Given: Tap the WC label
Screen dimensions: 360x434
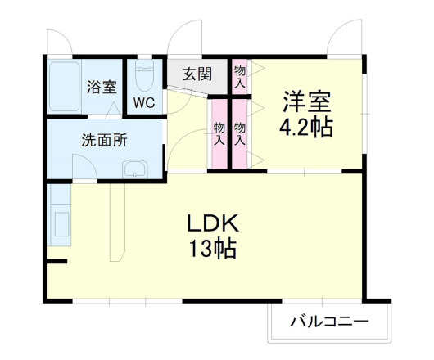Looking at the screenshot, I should point(144,103).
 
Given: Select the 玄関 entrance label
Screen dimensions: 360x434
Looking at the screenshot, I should point(197,74).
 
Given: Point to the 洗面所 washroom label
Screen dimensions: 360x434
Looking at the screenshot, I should point(104,139).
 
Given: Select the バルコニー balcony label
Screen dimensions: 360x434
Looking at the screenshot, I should point(328,322).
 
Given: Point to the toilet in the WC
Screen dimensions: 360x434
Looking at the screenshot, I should point(145,79).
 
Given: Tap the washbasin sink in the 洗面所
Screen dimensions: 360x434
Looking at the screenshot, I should point(133,169).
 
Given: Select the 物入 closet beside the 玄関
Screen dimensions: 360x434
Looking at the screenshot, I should point(240,76).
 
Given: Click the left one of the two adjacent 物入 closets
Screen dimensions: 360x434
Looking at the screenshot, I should point(219,133).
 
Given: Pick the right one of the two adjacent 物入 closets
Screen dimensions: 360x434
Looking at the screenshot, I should point(240,133).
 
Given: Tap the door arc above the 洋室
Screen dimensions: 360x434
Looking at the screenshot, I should point(341,41).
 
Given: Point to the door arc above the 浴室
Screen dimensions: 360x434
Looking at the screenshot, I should point(60,41).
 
